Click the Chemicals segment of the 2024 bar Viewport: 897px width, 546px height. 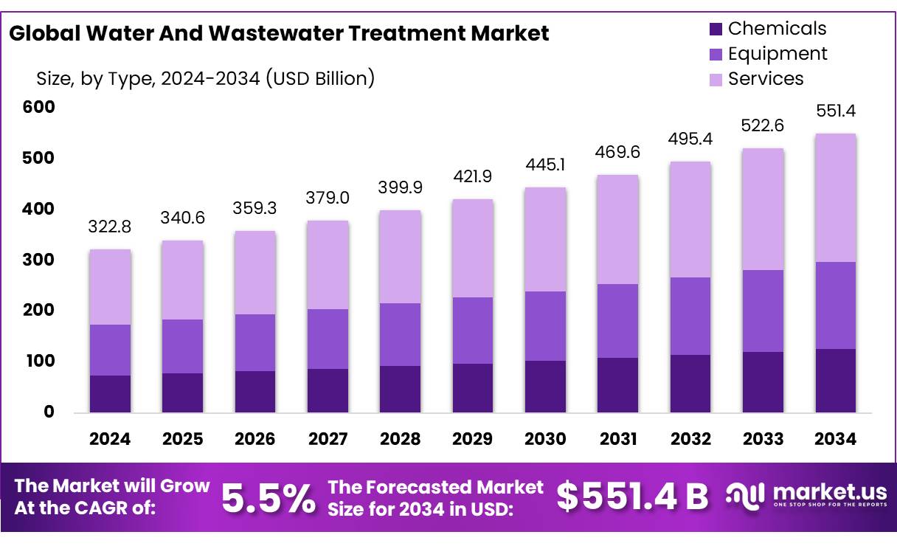click(x=110, y=393)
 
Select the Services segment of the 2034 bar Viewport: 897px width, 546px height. click(x=835, y=198)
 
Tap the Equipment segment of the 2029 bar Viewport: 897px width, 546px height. click(x=472, y=330)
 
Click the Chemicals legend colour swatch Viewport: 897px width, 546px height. click(x=716, y=30)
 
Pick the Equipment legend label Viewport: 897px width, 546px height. click(x=777, y=54)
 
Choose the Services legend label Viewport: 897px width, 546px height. click(x=766, y=79)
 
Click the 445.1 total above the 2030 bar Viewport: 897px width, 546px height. click(x=545, y=164)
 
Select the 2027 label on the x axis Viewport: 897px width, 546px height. click(x=328, y=439)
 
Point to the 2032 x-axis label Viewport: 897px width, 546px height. click(x=690, y=439)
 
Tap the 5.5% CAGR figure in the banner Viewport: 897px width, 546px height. click(x=269, y=498)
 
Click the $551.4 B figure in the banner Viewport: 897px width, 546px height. click(x=631, y=497)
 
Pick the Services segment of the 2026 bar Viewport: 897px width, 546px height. click(x=255, y=273)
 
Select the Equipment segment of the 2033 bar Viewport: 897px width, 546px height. click(x=763, y=311)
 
